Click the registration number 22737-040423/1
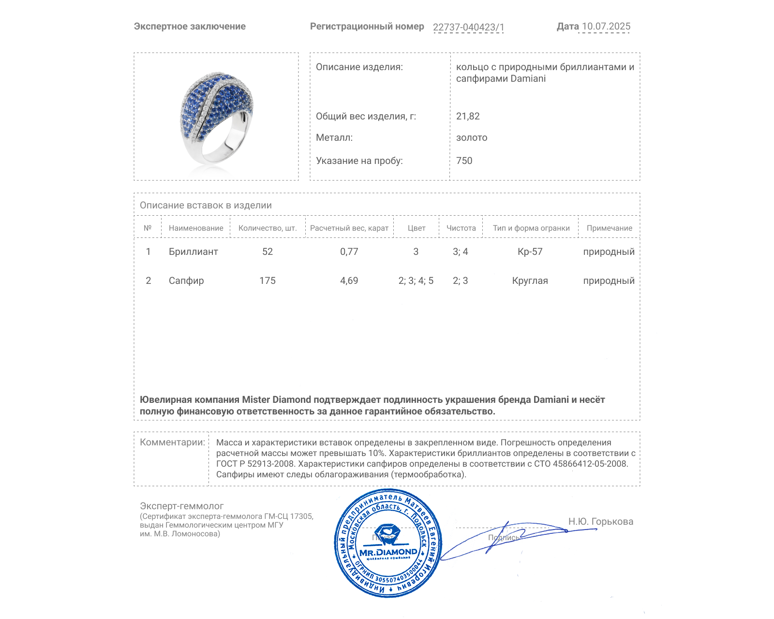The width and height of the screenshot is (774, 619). (468, 27)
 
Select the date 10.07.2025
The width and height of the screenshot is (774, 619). (606, 27)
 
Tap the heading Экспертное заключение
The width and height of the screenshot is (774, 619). (190, 27)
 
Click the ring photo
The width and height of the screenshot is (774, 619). (216, 117)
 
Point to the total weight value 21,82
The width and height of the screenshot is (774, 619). (468, 117)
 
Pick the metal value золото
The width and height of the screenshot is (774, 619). (472, 138)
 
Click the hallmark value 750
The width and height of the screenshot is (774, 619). (464, 161)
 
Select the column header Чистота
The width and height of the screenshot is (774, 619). (461, 228)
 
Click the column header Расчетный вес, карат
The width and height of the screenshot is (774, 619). (349, 228)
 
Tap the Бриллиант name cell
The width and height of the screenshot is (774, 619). (193, 252)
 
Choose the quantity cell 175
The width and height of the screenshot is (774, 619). (267, 281)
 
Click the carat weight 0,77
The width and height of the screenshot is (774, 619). (349, 252)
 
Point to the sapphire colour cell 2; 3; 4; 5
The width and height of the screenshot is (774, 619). (416, 281)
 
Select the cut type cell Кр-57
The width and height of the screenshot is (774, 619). (530, 252)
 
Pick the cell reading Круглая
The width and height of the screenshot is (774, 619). (530, 281)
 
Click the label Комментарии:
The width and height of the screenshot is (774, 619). (172, 442)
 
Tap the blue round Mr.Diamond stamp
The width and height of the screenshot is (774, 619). (388, 544)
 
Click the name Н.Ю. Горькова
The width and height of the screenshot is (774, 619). (600, 522)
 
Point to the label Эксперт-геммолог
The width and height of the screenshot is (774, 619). (181, 506)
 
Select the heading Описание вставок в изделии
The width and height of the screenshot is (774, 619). (206, 206)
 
